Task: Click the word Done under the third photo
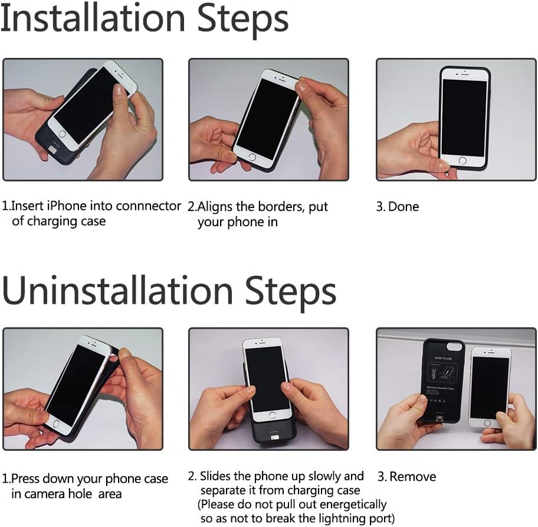click(403, 206)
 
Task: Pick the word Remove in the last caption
click(413, 477)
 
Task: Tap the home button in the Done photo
click(462, 161)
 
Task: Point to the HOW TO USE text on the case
click(443, 358)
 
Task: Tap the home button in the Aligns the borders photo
click(252, 157)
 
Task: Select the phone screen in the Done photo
click(464, 117)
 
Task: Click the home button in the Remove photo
click(487, 423)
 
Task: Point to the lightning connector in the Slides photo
click(275, 438)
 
